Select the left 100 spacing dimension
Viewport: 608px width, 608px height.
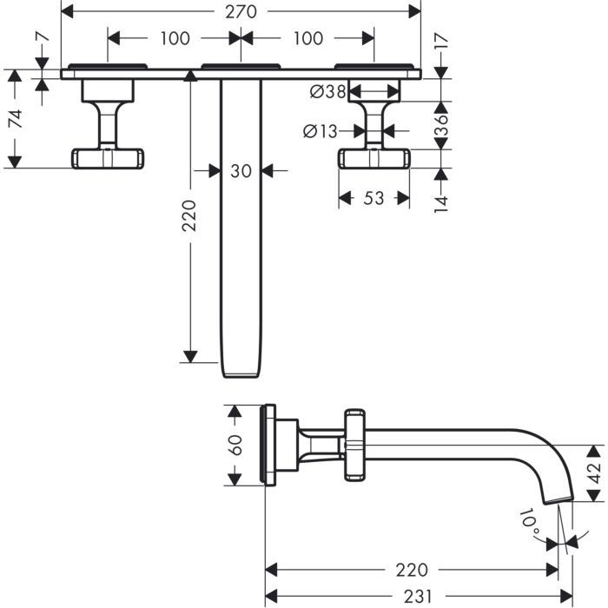(x=175, y=38)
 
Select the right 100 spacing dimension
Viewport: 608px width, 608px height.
(x=307, y=38)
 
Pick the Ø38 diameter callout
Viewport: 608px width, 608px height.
(x=327, y=90)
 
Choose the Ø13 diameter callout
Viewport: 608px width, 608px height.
(x=321, y=131)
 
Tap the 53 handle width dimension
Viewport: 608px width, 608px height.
(x=373, y=199)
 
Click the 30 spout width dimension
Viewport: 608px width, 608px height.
(x=241, y=171)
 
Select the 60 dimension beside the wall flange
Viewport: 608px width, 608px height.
(x=234, y=445)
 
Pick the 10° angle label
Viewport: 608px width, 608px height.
(x=529, y=521)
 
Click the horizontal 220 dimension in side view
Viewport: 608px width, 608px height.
(x=411, y=570)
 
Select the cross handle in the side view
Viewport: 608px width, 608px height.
(x=357, y=443)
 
